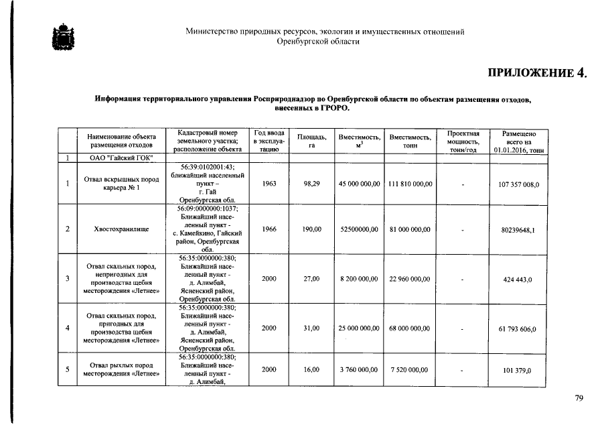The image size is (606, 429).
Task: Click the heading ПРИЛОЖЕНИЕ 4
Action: click(536, 73)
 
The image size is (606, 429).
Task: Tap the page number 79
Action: click(579, 398)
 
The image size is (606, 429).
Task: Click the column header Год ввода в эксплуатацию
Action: click(269, 141)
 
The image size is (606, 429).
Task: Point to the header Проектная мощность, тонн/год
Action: click(463, 141)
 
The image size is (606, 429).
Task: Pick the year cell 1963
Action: click(269, 182)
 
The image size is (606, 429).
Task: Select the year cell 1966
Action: click(269, 229)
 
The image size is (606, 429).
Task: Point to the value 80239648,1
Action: click(520, 230)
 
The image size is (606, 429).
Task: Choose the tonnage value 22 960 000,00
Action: click(410, 279)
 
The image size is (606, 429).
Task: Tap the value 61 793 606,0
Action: click(520, 329)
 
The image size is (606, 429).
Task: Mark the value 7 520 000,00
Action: click(410, 369)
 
